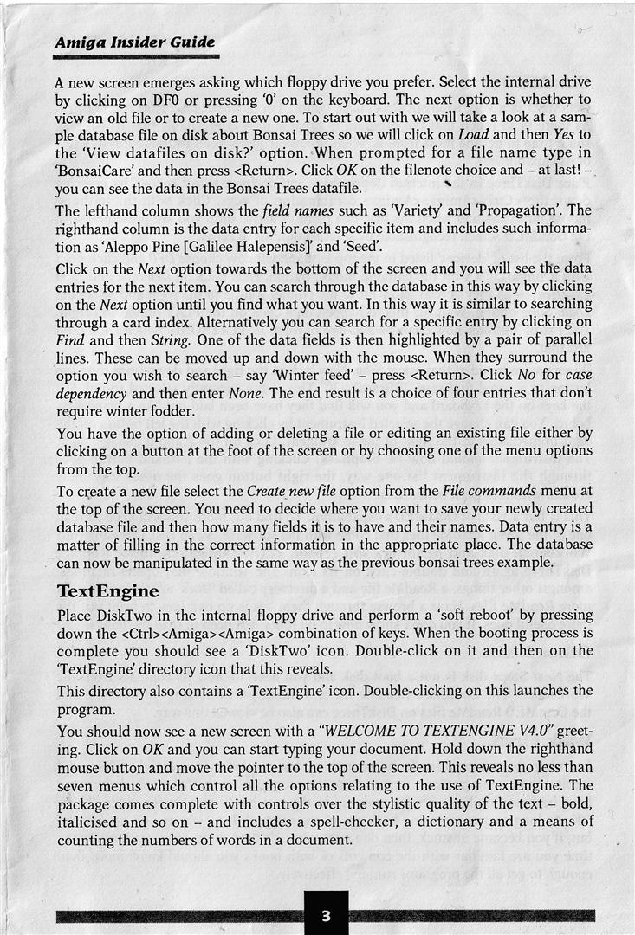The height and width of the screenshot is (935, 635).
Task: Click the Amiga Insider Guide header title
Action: (134, 42)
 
